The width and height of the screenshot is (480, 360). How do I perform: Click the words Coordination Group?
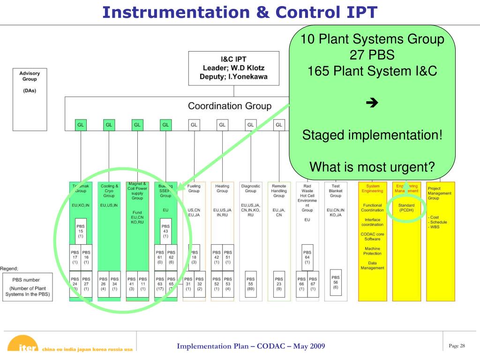pos(229,106)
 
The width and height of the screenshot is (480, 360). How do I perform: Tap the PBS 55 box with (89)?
pos(251,284)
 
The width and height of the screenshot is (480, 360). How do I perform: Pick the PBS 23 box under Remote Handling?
pos(279,284)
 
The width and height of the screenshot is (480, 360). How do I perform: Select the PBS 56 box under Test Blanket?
pos(336,282)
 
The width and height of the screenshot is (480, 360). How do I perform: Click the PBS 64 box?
pos(307,257)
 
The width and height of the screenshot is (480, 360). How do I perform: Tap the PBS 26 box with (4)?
pos(103,284)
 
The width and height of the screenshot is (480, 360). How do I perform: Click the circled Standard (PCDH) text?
pos(406,208)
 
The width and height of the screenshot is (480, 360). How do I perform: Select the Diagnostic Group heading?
pos(251,188)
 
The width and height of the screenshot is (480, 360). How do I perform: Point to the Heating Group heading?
pos(222,188)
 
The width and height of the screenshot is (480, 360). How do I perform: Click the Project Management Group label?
pos(440,193)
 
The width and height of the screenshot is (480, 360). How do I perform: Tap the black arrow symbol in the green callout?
pos(372,104)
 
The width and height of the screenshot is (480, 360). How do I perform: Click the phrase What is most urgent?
pos(372,166)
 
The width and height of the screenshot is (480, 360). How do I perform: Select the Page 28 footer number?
pos(457,346)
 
